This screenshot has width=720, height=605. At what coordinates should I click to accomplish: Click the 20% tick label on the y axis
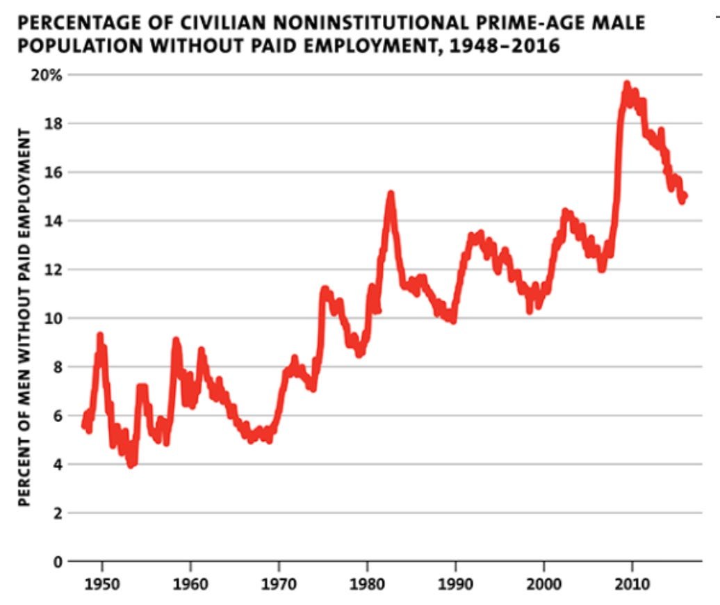pos(47,75)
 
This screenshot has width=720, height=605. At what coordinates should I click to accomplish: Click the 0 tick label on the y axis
pos(56,562)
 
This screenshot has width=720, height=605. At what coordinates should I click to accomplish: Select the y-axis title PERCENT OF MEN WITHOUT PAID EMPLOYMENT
pos(25,316)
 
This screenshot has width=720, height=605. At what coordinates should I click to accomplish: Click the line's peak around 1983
pos(391,194)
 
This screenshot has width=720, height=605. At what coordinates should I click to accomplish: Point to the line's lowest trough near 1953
pos(130,465)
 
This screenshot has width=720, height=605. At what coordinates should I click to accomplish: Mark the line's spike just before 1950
pos(100,336)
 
